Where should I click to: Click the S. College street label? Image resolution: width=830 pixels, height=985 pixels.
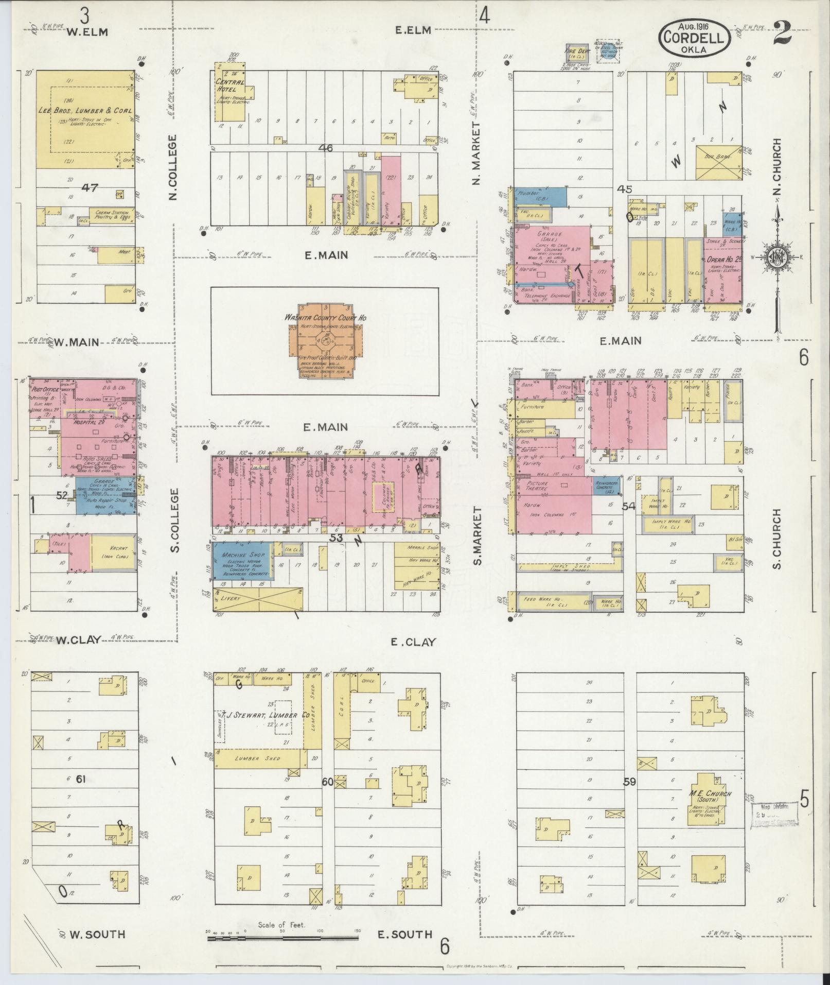(175, 521)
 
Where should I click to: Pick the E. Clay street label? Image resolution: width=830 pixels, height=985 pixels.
(413, 642)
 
